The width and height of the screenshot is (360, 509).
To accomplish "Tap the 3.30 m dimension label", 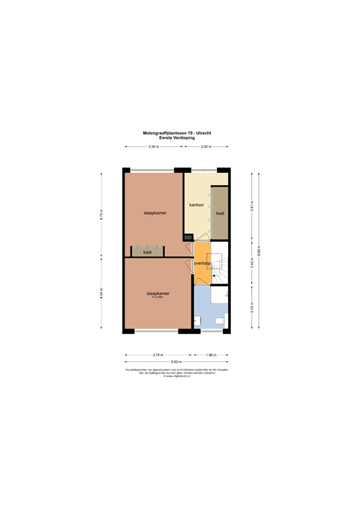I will [x=153, y=146].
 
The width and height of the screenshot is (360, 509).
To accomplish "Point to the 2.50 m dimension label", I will [x=206, y=146].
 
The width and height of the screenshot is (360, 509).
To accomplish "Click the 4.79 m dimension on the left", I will [x=101, y=214].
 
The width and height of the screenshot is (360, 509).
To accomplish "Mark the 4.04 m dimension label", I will [x=101, y=293].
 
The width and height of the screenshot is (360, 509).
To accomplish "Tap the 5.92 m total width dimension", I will [x=178, y=361].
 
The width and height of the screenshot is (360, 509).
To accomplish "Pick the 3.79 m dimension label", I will [x=158, y=355].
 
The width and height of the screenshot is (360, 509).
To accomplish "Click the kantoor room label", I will [x=196, y=205].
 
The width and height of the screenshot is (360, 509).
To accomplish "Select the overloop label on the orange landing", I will [x=202, y=263].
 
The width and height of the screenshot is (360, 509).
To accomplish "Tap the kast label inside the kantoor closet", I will [x=219, y=213].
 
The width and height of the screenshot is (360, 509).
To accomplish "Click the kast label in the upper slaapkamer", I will [x=147, y=252].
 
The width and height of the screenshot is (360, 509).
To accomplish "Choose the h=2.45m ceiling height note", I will [x=158, y=297].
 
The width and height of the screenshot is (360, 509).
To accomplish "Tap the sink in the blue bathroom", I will [x=197, y=321].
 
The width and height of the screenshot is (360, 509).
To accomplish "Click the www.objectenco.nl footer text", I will [x=178, y=376].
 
